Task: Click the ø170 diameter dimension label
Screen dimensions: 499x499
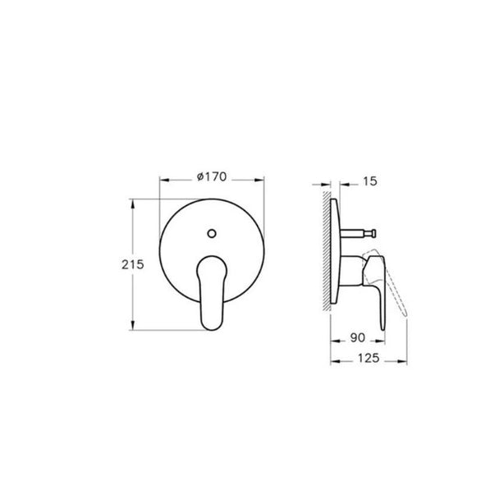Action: pos(212,176)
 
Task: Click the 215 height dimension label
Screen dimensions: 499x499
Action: pos(133,264)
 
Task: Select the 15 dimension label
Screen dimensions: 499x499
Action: pos(370,181)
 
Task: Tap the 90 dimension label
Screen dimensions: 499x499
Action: pos(358,338)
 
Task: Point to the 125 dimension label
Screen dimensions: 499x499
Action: pos(369,359)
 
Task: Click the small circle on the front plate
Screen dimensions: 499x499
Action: pos(212,233)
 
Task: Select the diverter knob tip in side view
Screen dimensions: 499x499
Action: pos(374,233)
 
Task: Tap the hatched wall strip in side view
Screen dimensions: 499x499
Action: pos(327,250)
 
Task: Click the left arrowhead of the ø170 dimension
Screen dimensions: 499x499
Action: pos(163,180)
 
